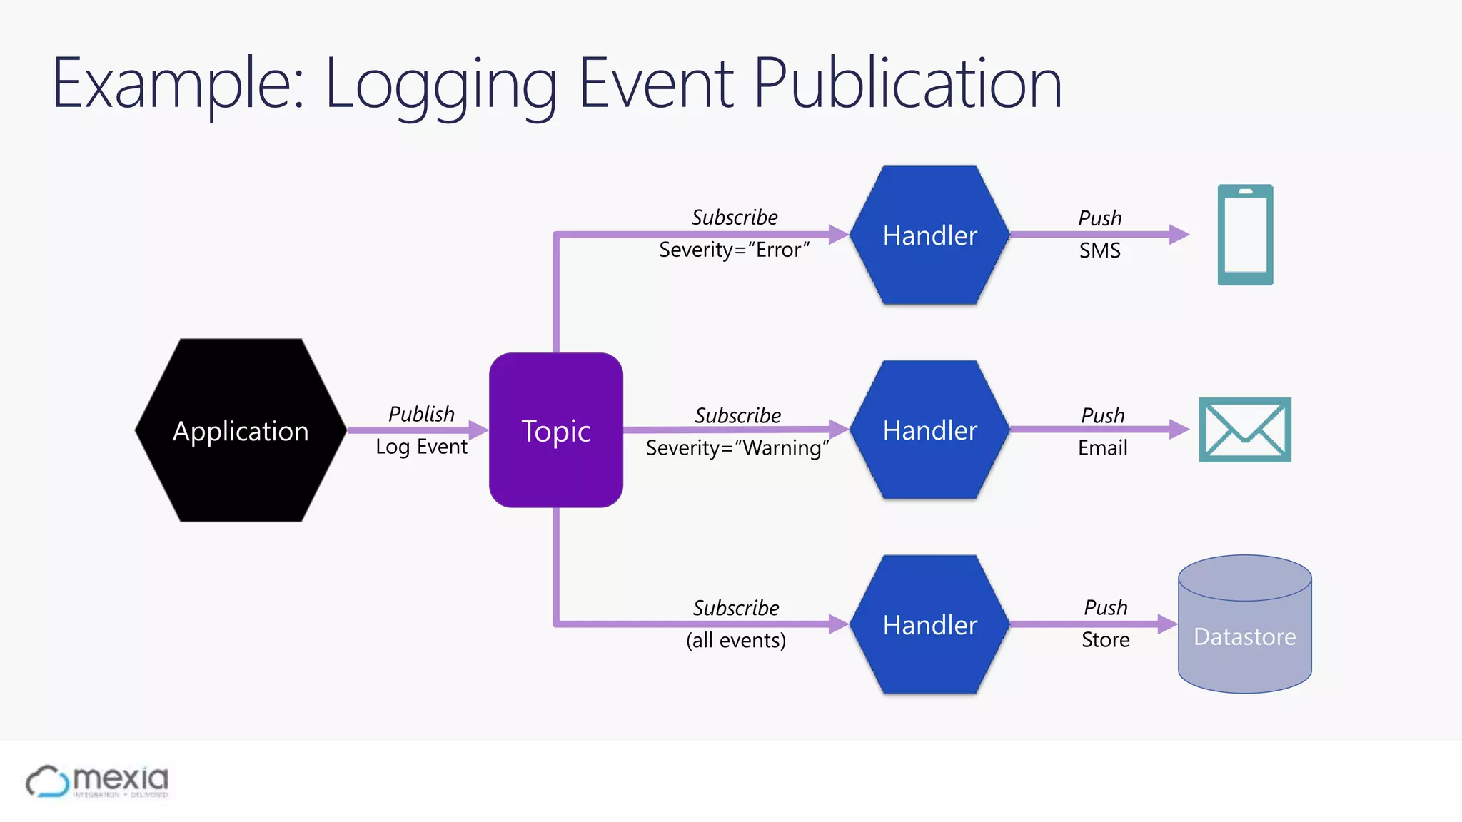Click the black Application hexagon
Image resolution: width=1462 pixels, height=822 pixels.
241,430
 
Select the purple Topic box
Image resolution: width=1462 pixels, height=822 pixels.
555,430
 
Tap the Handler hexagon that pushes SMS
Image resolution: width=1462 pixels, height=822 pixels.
929,235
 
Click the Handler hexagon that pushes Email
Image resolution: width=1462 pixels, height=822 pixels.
929,430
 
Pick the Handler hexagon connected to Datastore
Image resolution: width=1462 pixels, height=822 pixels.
929,625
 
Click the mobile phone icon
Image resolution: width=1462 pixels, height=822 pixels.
1245,235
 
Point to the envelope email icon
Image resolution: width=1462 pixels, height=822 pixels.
1245,430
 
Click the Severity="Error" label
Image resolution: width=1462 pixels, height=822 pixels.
734,250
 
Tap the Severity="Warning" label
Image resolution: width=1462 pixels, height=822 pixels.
737,448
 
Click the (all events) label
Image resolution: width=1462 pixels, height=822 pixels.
736,640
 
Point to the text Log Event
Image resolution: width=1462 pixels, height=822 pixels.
421,447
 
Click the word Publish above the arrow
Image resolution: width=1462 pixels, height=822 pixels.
421,414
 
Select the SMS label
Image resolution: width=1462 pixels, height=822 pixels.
1099,251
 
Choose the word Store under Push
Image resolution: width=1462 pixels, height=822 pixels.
1105,640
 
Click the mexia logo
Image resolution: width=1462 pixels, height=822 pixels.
98,781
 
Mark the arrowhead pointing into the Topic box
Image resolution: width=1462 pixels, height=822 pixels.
478,430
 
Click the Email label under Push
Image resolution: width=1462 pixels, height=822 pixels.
1102,448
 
